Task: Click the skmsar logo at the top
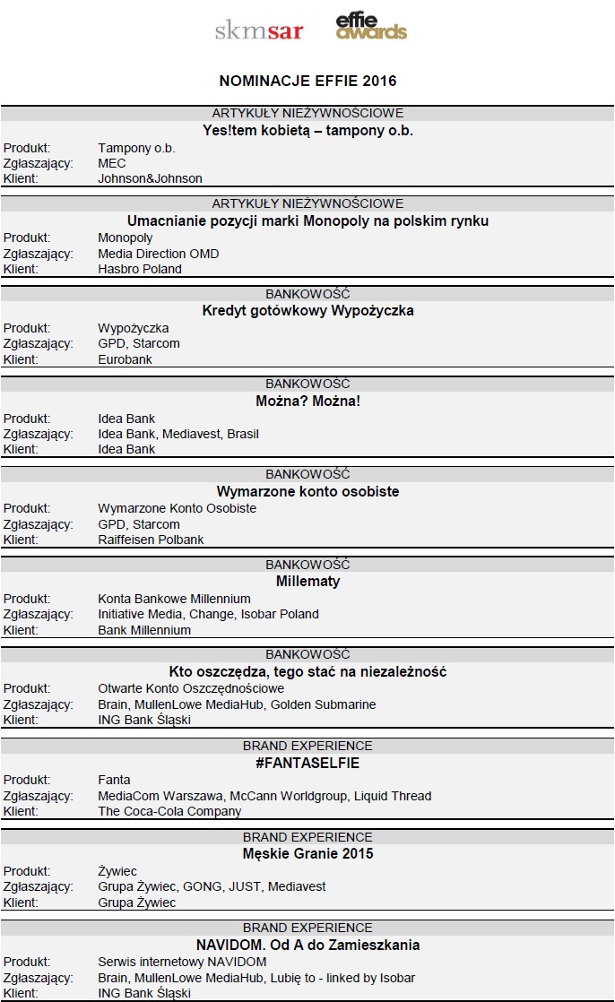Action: (x=259, y=31)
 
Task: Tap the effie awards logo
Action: (x=371, y=27)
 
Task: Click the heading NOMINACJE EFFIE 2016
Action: (x=307, y=81)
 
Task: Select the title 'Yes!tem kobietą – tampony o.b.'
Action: (x=307, y=130)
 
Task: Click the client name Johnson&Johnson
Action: (x=150, y=178)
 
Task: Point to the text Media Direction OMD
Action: (x=158, y=254)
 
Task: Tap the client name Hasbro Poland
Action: (x=140, y=269)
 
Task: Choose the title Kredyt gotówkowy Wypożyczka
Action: (x=307, y=311)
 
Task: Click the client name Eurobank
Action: (x=125, y=359)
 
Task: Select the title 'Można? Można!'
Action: (x=307, y=401)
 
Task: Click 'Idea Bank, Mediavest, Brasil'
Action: (x=178, y=434)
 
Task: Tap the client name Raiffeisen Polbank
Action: (x=151, y=540)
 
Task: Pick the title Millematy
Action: (x=307, y=581)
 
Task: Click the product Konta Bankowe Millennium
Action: (x=174, y=599)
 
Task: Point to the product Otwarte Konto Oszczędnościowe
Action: (x=191, y=688)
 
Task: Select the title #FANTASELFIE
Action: (x=307, y=763)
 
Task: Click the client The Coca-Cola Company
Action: (x=169, y=811)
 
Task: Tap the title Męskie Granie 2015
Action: (x=307, y=853)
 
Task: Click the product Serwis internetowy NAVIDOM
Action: (x=182, y=962)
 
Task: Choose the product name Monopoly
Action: (x=126, y=238)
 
